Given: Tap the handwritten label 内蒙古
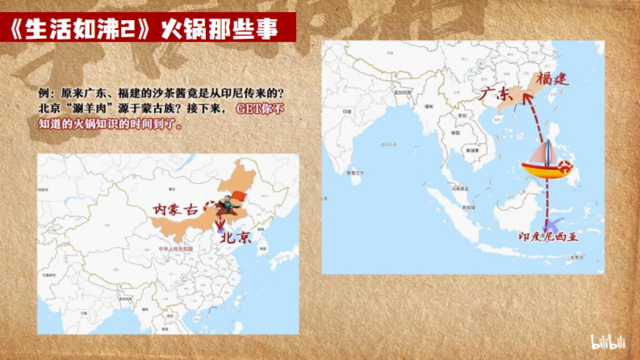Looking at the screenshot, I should [175, 209].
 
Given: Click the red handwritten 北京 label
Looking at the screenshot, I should [236, 238].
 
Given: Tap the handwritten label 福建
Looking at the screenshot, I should [553, 80].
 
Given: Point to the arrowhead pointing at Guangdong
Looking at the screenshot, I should [526, 97].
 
